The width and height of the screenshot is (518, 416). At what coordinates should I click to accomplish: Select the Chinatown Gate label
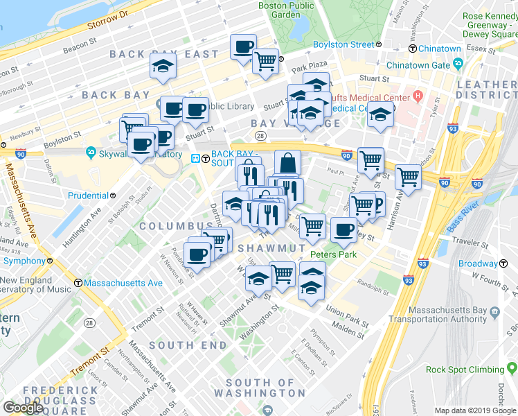coord(418,65)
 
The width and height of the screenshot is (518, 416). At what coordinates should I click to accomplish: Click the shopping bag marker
coord(287,164)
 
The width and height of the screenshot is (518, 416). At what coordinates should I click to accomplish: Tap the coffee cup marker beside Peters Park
coord(343,231)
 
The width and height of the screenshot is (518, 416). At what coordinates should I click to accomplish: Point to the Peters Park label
coord(333,254)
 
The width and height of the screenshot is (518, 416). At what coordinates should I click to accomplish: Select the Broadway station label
coord(478,264)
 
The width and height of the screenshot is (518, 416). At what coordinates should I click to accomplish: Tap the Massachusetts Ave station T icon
coord(79,284)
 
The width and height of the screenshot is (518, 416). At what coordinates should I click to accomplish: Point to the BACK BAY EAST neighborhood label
coord(164,53)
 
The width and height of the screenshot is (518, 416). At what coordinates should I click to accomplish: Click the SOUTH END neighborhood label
coord(187,345)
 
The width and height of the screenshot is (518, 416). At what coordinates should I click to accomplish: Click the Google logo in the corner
coord(24,408)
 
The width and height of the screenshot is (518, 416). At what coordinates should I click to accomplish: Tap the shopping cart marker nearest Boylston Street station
coord(265,62)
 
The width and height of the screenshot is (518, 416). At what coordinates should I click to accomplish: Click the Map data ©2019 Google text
coord(474,410)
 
